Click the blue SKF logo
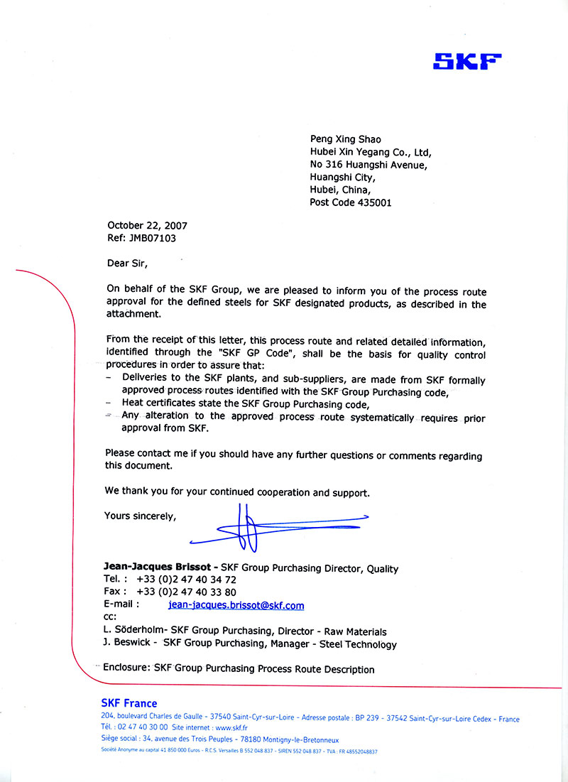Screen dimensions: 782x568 pyautogui.click(x=467, y=61)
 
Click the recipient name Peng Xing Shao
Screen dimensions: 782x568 pyautogui.click(x=345, y=139)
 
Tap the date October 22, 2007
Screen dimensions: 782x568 pyautogui.click(x=147, y=226)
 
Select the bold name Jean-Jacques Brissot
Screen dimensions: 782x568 pyautogui.click(x=158, y=568)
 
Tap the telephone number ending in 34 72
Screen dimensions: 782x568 pyautogui.click(x=187, y=580)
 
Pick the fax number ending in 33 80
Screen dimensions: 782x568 pyautogui.click(x=187, y=592)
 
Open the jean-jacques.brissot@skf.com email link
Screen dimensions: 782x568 pyautogui.click(x=236, y=605)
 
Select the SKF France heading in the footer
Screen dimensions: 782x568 pyautogui.click(x=129, y=703)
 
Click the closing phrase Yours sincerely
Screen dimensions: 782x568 pyautogui.click(x=140, y=516)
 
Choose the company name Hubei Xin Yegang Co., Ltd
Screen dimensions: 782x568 pyautogui.click(x=370, y=152)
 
